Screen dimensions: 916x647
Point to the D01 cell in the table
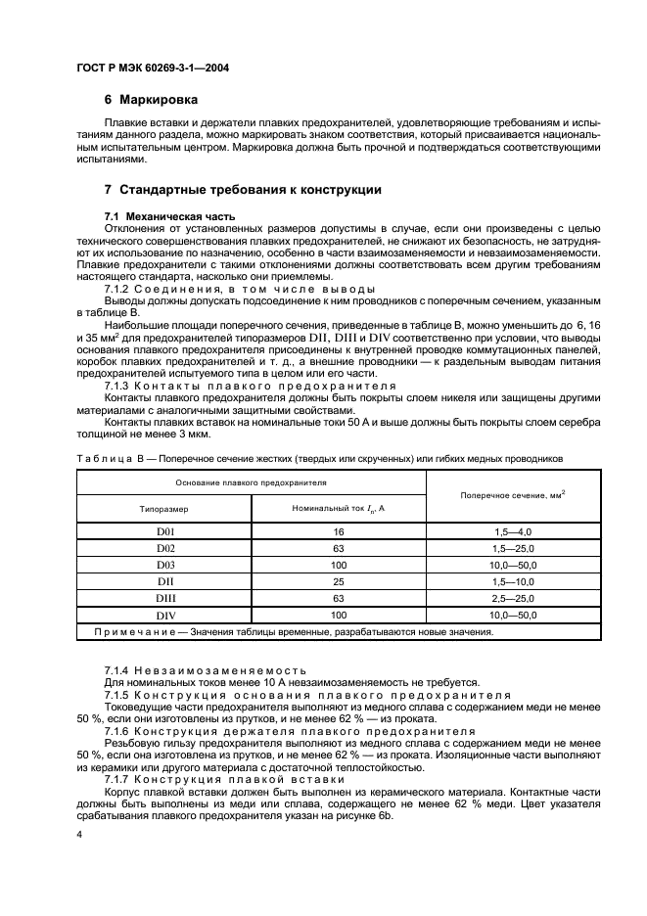pos(164,531)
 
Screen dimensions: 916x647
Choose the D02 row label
pos(164,548)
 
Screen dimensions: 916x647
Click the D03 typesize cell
pos(164,565)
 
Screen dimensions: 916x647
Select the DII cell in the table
pos(164,581)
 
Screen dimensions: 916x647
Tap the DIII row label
pos(164,598)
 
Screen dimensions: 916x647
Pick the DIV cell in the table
pos(164,615)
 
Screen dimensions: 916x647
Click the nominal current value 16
pos(339,531)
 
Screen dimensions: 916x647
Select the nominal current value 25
pos(339,581)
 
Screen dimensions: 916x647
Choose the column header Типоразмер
pos(164,509)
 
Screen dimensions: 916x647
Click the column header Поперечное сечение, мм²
pos(513,495)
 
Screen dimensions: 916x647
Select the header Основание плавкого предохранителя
pos(252,482)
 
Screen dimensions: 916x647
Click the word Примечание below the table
pos(133,631)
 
